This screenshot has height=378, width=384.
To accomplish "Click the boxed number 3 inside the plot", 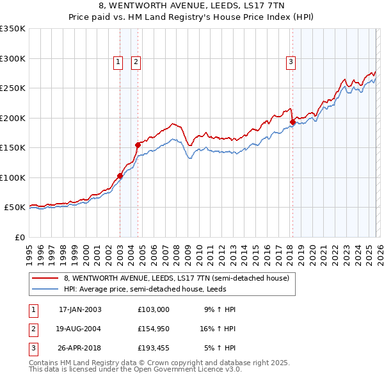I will (291, 62).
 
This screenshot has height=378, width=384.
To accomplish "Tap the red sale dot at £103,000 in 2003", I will (120, 176).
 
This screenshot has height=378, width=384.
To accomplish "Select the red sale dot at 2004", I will (138, 145).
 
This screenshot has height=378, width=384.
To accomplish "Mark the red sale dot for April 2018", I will (292, 122).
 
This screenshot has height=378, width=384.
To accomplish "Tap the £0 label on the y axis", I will (19, 237).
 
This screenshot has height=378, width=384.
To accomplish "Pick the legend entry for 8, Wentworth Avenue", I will (176, 278).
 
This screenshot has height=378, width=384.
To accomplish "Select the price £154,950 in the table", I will (153, 328).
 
